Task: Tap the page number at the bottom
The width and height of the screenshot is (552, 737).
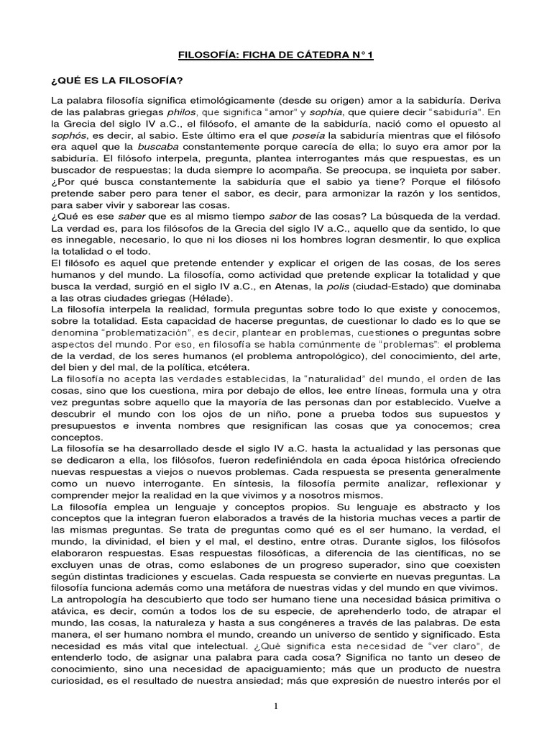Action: point(276,706)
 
